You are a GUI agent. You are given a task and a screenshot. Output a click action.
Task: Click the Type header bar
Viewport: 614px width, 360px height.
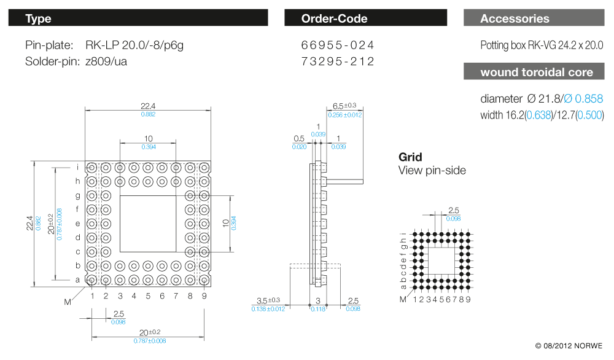138,18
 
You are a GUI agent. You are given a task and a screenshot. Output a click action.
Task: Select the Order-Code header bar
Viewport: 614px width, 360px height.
366,18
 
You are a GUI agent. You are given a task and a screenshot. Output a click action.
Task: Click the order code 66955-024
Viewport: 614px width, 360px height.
338,45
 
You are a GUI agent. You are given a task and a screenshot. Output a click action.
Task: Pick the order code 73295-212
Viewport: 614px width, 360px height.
338,61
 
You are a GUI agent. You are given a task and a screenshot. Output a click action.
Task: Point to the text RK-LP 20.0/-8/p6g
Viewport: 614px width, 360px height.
134,45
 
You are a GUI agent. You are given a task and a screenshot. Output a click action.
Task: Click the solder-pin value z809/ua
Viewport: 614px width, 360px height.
106,61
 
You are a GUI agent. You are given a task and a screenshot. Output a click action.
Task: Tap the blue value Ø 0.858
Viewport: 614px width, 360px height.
583,98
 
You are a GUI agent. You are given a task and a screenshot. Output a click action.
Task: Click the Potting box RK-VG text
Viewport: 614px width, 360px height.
542,45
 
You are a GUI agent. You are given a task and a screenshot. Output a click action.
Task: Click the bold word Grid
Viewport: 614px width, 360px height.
410,157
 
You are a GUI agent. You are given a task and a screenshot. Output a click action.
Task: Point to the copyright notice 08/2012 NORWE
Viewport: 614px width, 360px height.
569,345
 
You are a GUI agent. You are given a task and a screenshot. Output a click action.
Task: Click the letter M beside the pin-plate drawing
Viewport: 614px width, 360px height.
68,302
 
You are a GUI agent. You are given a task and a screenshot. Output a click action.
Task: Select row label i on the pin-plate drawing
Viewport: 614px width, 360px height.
78,167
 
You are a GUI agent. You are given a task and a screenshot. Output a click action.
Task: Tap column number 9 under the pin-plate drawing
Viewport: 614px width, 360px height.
203,296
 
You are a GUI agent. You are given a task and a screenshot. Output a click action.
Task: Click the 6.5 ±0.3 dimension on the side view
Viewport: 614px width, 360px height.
344,106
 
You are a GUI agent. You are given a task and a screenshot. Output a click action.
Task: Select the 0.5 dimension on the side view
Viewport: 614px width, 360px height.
300,138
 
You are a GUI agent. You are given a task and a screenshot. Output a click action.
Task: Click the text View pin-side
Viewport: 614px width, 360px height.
432,170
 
